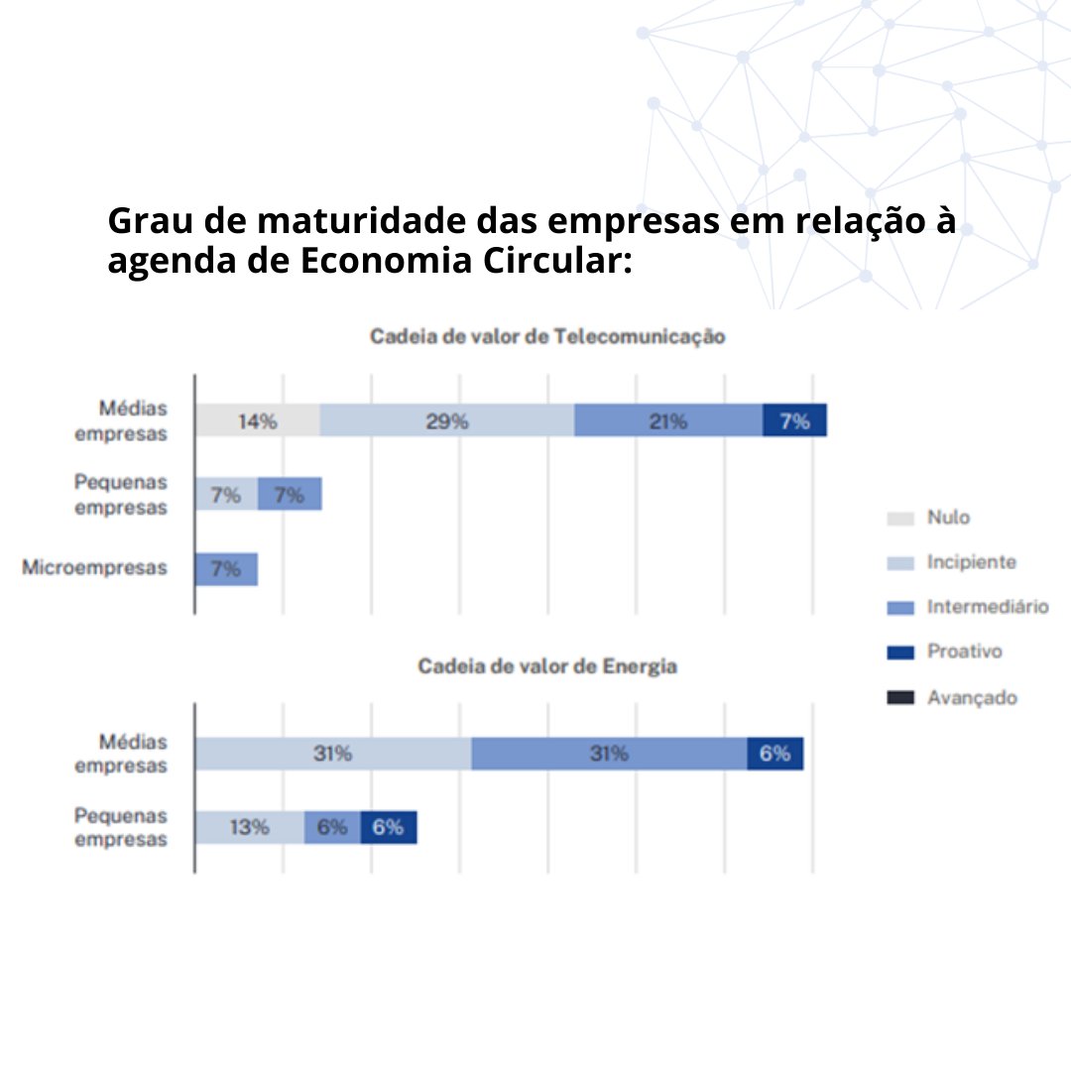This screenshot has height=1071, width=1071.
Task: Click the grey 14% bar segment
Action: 257,420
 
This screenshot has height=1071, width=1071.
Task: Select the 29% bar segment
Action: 446,420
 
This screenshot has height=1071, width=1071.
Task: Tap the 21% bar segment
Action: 667,420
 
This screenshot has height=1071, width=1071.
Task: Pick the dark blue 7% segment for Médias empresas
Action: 794,420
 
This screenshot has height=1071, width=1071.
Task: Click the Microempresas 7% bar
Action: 226,569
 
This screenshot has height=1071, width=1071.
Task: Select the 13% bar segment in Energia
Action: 249,827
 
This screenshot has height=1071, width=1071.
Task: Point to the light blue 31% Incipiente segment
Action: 332,754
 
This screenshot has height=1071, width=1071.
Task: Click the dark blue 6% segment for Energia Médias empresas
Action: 774,754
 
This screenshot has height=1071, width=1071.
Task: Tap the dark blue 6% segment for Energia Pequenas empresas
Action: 388,827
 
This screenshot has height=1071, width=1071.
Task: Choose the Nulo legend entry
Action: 947,518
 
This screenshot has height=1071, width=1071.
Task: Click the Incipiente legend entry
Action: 970,562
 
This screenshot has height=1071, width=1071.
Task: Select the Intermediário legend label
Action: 987,607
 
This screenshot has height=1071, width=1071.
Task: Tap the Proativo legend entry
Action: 964,652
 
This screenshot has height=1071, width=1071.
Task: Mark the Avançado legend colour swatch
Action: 900,698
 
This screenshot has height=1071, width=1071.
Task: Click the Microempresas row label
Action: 94,568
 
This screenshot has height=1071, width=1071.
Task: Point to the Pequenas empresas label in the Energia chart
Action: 121,827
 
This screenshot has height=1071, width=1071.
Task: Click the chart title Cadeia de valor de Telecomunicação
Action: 547,336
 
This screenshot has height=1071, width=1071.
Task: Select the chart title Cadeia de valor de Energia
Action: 547,666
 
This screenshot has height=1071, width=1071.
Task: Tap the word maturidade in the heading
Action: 371,221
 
